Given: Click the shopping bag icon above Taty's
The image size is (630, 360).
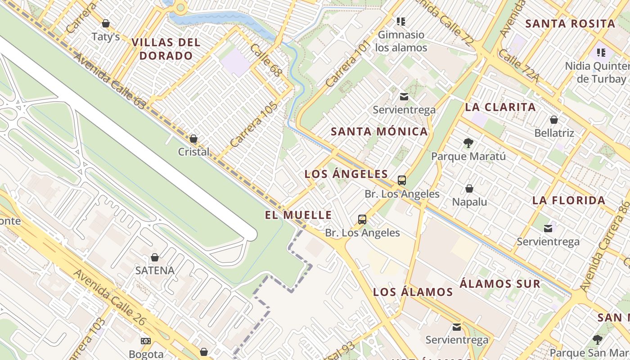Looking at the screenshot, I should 106,23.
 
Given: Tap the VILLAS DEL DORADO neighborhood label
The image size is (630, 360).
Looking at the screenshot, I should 166,49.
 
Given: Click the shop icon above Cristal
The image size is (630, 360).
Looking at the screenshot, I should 193,139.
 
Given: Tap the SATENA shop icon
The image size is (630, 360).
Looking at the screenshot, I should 155,257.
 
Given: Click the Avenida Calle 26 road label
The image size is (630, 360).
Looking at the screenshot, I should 110,297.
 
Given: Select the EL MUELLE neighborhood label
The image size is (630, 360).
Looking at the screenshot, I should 298,215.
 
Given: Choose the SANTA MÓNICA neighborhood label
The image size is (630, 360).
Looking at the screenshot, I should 379,132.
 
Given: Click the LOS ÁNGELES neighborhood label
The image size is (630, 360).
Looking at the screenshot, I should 346,174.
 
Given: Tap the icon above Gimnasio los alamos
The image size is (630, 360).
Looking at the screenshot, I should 401,21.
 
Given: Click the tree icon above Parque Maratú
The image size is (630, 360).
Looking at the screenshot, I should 468,143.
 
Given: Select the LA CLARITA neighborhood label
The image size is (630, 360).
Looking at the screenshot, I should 500,107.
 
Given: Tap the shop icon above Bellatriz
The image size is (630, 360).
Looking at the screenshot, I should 554,120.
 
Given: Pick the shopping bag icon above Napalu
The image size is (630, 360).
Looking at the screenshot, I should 469,189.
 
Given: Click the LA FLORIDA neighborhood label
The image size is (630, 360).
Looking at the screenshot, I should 569,201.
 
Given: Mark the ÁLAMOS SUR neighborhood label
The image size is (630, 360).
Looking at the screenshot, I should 500,284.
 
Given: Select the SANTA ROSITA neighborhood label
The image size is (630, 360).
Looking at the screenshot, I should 570,24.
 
